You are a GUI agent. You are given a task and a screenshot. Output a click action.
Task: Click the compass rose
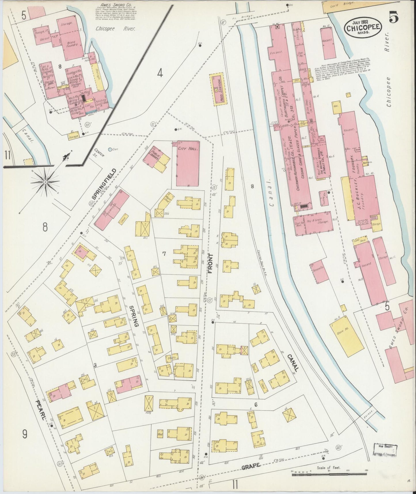tap(45, 182)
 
